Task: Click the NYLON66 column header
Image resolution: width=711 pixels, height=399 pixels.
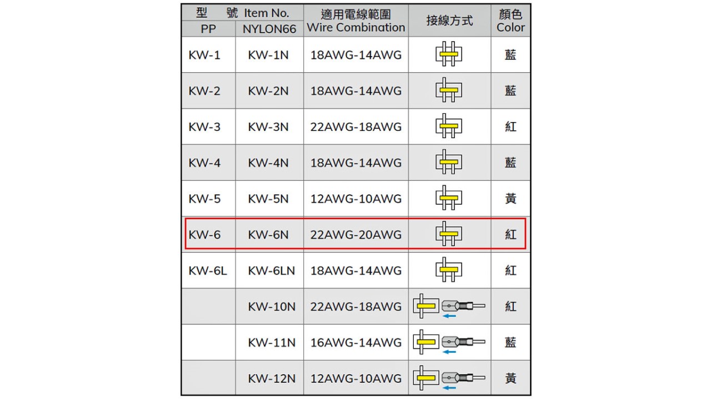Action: (269, 29)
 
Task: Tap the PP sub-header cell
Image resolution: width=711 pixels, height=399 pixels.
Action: (208, 29)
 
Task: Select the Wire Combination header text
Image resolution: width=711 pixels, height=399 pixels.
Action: (356, 27)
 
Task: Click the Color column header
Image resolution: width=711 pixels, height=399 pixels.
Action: (510, 21)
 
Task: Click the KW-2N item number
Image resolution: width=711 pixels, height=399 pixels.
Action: (268, 91)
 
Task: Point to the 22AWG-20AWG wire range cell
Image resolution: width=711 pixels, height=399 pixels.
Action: (356, 235)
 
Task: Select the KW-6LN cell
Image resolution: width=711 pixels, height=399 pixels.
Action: (272, 271)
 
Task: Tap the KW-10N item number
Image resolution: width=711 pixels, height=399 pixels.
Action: (272, 307)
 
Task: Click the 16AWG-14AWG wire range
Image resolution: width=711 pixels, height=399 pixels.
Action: (356, 342)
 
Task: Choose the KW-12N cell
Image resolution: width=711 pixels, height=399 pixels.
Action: (272, 378)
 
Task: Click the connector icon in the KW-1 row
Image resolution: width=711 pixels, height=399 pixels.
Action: (449, 54)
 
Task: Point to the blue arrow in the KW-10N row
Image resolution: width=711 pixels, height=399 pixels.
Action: (449, 316)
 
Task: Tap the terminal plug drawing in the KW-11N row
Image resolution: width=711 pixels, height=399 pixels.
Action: (463, 342)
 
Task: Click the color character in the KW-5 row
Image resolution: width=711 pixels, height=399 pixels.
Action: (510, 199)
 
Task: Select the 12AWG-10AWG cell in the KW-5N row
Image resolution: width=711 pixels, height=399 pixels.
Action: (356, 199)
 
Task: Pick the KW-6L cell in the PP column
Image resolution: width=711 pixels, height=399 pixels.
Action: (208, 271)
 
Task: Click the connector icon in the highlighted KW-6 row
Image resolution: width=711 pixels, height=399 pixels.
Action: (449, 234)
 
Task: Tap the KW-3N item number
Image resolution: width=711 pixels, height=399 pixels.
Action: (268, 127)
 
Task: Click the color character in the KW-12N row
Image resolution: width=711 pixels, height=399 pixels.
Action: (510, 378)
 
